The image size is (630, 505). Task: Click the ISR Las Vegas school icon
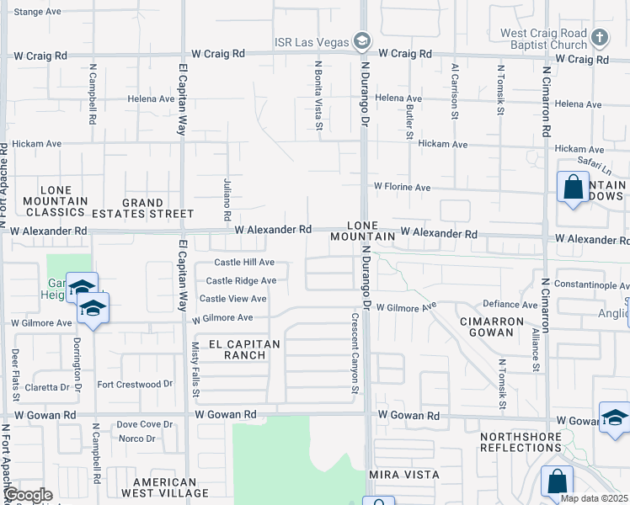pyautogui.click(x=362, y=40)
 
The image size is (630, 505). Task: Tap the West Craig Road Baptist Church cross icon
pyautogui.click(x=599, y=38)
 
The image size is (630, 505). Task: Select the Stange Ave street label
pyautogui.click(x=38, y=12)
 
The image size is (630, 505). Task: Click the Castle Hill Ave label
pyautogui.click(x=244, y=263)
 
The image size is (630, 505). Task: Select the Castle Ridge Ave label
pyautogui.click(x=241, y=281)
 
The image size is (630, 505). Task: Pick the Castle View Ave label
pyautogui.click(x=232, y=299)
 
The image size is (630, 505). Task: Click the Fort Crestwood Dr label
pyautogui.click(x=135, y=384)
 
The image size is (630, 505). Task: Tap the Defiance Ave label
pyautogui.click(x=510, y=305)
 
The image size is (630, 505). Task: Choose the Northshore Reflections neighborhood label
pyautogui.click(x=544, y=442)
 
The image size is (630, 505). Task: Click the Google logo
pyautogui.click(x=28, y=495)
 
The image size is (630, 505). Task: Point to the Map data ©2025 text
pyautogui.click(x=593, y=498)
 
